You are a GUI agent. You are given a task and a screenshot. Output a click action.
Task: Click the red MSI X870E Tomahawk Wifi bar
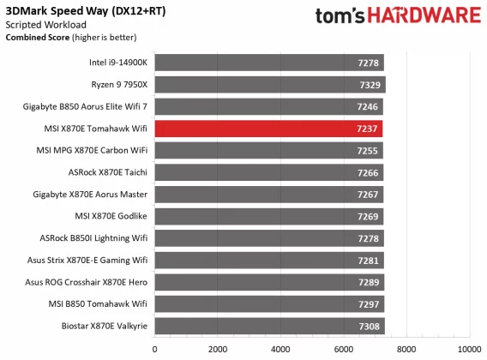[x=268, y=129]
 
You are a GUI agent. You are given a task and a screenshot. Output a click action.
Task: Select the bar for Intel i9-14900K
[x=268, y=63]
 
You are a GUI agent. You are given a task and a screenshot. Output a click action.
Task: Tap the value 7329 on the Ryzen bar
[x=370, y=84]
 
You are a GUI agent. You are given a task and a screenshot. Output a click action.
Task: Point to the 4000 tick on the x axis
[x=280, y=349]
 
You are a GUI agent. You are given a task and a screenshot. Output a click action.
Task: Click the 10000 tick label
[x=468, y=349]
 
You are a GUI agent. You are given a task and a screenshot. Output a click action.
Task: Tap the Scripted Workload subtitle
[x=43, y=25]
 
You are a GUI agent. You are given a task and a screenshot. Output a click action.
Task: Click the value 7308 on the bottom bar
[x=370, y=327]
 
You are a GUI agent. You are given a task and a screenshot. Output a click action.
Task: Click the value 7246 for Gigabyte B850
[x=367, y=106]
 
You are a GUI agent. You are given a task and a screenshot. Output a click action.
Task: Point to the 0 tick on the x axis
[x=155, y=349]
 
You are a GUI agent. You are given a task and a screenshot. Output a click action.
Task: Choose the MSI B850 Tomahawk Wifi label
[x=105, y=304]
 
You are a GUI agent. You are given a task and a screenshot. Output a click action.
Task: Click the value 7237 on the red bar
[x=367, y=129]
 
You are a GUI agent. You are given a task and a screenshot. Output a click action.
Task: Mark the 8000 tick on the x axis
[x=406, y=349]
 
